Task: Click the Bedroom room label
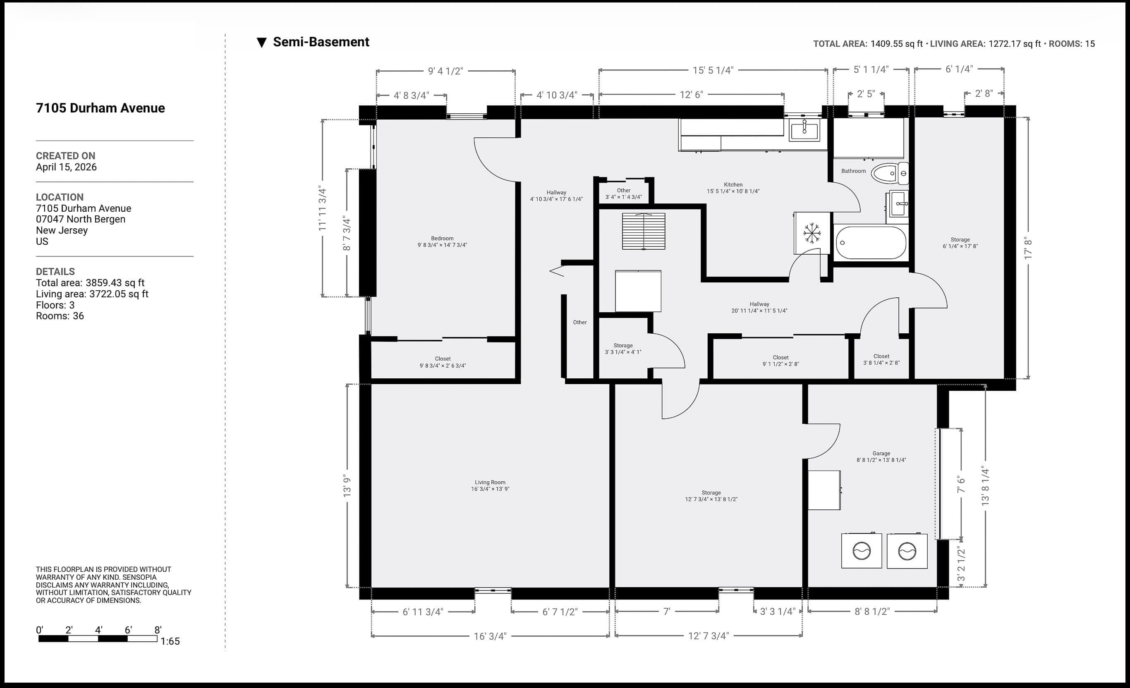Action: [x=442, y=238]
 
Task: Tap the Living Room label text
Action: [x=490, y=482]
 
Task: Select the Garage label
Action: [x=881, y=453]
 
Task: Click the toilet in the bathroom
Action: [x=889, y=173]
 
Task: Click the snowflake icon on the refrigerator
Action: [x=812, y=233]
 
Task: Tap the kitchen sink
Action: [x=804, y=129]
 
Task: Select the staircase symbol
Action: [x=644, y=231]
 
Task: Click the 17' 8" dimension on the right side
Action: [x=1028, y=248]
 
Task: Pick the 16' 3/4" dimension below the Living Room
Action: [x=490, y=636]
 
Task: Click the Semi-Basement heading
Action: [x=321, y=42]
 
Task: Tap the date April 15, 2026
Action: [x=67, y=167]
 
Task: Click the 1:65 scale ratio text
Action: [x=170, y=641]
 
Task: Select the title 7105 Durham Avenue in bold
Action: [x=101, y=108]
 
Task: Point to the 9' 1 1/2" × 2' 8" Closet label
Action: [x=780, y=361]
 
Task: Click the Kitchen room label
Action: [x=733, y=185]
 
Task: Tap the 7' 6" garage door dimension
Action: [x=961, y=485]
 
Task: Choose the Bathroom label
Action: [x=853, y=171]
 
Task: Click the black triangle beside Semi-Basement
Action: [x=261, y=43]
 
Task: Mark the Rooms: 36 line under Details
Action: [x=60, y=316]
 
